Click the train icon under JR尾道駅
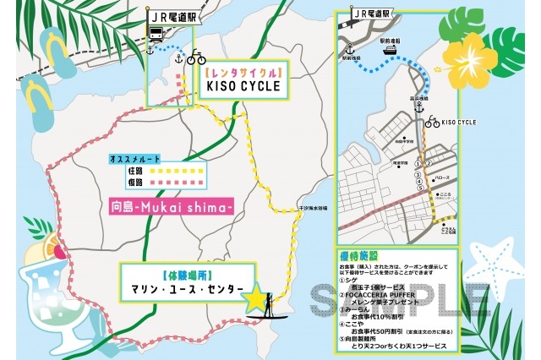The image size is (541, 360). tap(156, 34)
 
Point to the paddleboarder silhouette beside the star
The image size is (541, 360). tap(269, 301)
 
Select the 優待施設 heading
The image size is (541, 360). tap(362, 254)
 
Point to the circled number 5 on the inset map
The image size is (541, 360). tap(419, 188)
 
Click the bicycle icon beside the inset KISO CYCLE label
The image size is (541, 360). tap(432, 122)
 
